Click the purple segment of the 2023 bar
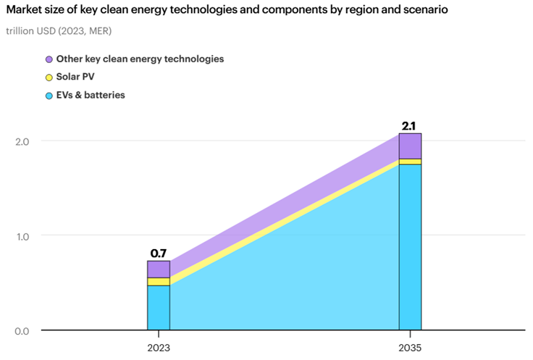(159, 269)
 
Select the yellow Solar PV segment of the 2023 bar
(159, 282)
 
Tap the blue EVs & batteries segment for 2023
(159, 308)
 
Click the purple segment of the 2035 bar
(410, 146)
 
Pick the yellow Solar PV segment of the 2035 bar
(410, 162)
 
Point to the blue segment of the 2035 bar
(410, 247)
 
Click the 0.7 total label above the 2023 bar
(159, 254)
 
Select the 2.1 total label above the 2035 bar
(408, 126)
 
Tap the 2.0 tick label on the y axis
(22, 141)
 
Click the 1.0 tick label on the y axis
(22, 236)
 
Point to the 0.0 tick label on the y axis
(22, 331)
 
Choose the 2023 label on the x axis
(159, 348)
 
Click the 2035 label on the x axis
(410, 348)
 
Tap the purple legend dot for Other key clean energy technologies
(49, 59)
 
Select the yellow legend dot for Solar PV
(49, 78)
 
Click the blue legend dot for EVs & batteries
(49, 96)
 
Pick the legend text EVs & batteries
(91, 95)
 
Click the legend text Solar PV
(75, 77)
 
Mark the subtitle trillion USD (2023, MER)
(59, 31)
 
